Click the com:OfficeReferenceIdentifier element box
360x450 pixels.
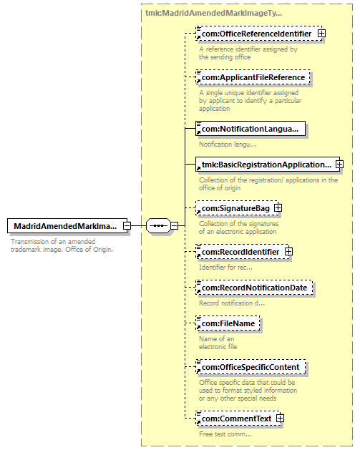click(x=258, y=34)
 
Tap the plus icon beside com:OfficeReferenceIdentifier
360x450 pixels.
click(x=321, y=34)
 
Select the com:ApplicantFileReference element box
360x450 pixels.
click(x=253, y=77)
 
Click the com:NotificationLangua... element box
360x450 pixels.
click(x=250, y=129)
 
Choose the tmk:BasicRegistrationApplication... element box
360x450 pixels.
click(x=268, y=165)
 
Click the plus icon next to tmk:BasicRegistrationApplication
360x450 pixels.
click(x=340, y=164)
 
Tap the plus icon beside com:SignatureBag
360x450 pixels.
click(x=278, y=207)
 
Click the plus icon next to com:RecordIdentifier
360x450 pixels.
click(x=289, y=251)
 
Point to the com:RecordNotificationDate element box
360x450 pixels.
click(x=254, y=288)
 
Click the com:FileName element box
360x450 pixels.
click(x=228, y=323)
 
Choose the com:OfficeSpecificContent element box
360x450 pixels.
click(x=250, y=367)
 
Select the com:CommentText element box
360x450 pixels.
click(x=238, y=419)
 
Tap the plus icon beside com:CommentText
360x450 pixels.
click(x=280, y=418)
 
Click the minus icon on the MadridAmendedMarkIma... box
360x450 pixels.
click(x=127, y=225)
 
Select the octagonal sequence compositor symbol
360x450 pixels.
click(x=158, y=225)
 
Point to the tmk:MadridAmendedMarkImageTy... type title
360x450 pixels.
click(x=213, y=13)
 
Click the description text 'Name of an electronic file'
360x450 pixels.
click(x=218, y=343)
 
